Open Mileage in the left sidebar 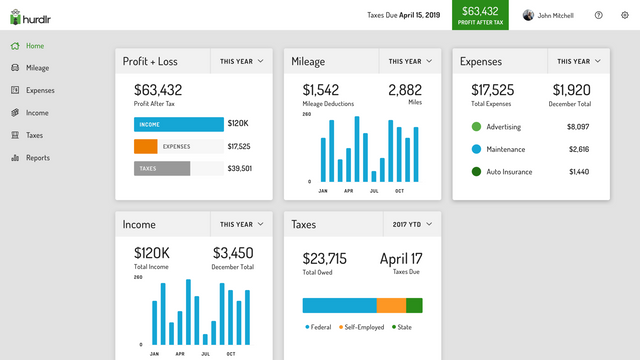click(37, 68)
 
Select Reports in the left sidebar click(37, 158)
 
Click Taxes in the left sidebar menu click(34, 135)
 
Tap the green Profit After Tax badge click(480, 14)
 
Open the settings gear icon click(625, 15)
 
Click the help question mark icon click(599, 15)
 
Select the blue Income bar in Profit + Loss click(178, 125)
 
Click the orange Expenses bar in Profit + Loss click(146, 147)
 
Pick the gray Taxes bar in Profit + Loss click(161, 168)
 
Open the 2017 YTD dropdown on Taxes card click(412, 224)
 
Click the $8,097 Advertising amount click(580, 127)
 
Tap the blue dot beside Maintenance click(476, 149)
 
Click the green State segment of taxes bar click(414, 305)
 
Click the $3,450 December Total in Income click(233, 253)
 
